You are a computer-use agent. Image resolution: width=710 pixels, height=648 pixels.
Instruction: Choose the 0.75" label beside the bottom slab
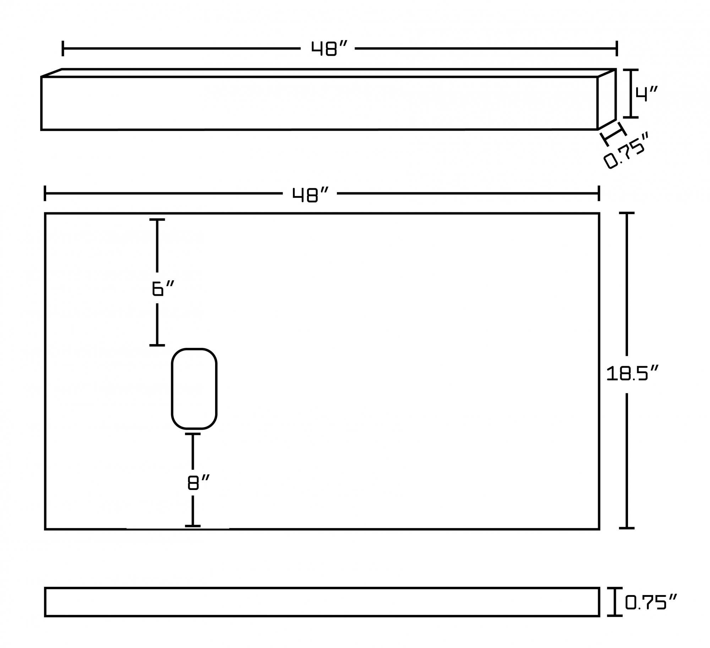click(651, 602)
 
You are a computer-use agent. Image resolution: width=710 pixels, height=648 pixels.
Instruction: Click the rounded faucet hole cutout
click(194, 388)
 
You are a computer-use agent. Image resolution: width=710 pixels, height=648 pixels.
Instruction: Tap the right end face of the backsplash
click(607, 99)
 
